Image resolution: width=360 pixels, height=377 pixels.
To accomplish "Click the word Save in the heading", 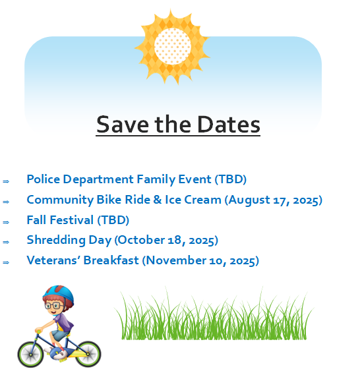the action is (x=123, y=125).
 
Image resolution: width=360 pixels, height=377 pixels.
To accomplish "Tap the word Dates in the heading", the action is (x=229, y=125).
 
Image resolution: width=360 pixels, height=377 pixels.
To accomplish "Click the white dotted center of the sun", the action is (x=173, y=46).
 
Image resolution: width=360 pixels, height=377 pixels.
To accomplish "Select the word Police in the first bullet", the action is (x=44, y=179).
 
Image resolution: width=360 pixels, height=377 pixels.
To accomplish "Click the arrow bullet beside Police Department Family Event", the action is (x=6, y=181).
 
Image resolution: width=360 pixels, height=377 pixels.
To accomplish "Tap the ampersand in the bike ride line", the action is (x=158, y=200).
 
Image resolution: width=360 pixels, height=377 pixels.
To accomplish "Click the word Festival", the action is (x=72, y=220).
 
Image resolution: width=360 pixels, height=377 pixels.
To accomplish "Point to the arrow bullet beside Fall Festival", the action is (x=6, y=222).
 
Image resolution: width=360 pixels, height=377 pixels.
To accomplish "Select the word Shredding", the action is (x=56, y=240).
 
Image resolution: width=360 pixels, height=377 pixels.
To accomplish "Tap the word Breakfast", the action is (x=111, y=260).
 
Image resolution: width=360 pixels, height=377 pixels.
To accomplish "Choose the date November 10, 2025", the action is (x=200, y=260).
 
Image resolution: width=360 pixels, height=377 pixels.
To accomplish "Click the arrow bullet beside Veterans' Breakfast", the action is (x=6, y=262).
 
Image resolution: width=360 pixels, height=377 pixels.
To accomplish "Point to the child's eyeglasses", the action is (x=53, y=306).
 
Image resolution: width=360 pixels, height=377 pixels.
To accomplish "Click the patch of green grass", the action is (x=214, y=315).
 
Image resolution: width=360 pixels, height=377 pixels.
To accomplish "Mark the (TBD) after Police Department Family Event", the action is (x=230, y=179).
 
